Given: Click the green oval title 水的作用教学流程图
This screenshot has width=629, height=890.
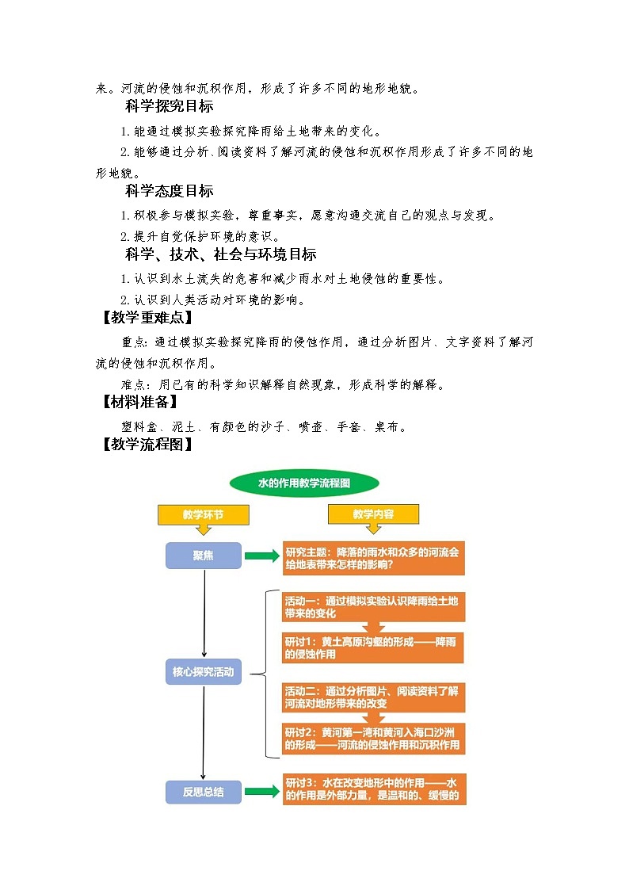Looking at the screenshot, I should pos(304,483).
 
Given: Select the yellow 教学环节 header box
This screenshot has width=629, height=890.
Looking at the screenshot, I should pos(203,514).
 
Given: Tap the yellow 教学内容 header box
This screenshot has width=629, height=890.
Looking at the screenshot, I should pos(373,514).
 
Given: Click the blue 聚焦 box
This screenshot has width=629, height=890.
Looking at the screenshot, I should pos(203,556).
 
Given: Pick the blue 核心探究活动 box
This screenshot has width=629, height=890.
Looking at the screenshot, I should pos(203,672).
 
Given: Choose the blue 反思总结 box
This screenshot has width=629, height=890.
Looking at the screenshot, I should pos(203,791).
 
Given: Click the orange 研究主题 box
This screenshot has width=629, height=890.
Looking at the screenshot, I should pos(373,558).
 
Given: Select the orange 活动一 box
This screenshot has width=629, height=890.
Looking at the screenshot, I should pos(373,607).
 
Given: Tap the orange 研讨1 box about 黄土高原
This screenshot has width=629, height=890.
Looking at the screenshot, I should pos(373,648).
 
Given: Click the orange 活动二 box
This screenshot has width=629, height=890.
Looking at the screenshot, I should pos(373,697).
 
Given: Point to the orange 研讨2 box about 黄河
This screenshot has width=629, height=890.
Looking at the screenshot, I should pos(373,739).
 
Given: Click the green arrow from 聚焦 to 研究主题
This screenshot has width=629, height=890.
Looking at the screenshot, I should pos(261,556).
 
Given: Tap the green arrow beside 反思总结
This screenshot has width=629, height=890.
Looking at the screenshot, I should pos(261,791).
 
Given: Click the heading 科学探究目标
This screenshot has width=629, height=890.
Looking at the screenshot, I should pos(169,106).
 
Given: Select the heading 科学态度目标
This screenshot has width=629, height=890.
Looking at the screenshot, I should pos(169,191).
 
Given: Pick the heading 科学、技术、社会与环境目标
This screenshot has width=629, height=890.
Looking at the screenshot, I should pos(220,254).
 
